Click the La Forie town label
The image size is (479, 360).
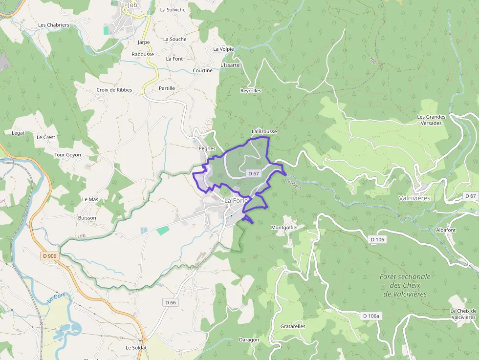(237, 200)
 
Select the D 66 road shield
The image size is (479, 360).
(170, 302)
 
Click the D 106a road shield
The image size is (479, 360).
(371, 316)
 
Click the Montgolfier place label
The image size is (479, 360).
(284, 228)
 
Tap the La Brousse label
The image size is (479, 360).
(264, 131)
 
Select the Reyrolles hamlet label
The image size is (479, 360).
(251, 91)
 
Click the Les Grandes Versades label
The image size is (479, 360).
(431, 120)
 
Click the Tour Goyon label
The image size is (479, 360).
(67, 155)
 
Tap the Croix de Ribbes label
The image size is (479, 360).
(114, 90)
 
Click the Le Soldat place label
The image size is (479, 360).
(136, 348)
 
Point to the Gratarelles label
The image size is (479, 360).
(293, 326)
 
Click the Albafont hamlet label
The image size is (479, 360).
(445, 230)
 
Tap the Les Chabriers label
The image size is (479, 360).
(54, 25)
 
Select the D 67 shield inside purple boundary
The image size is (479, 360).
(253, 173)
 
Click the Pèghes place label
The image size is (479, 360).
(207, 148)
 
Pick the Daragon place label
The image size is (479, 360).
(249, 340)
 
